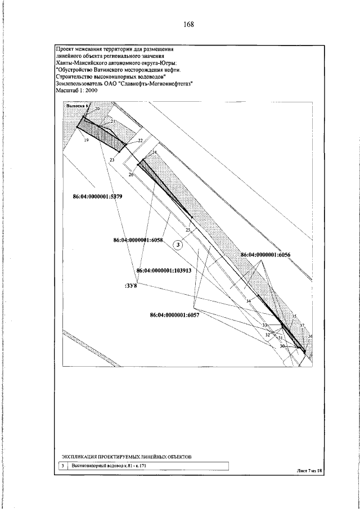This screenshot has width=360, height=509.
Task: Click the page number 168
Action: point(188,25)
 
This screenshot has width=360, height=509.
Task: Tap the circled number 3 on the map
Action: point(178,244)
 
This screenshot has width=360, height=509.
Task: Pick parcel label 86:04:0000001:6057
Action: point(174,315)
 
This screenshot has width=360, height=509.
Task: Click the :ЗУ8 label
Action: point(130,285)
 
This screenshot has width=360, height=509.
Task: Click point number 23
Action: point(111,160)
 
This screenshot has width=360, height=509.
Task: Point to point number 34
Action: point(249,302)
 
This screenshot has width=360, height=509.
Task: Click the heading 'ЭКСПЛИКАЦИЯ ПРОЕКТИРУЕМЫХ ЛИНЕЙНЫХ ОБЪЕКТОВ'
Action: point(127,456)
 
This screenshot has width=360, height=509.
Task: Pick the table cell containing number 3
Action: point(62,466)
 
